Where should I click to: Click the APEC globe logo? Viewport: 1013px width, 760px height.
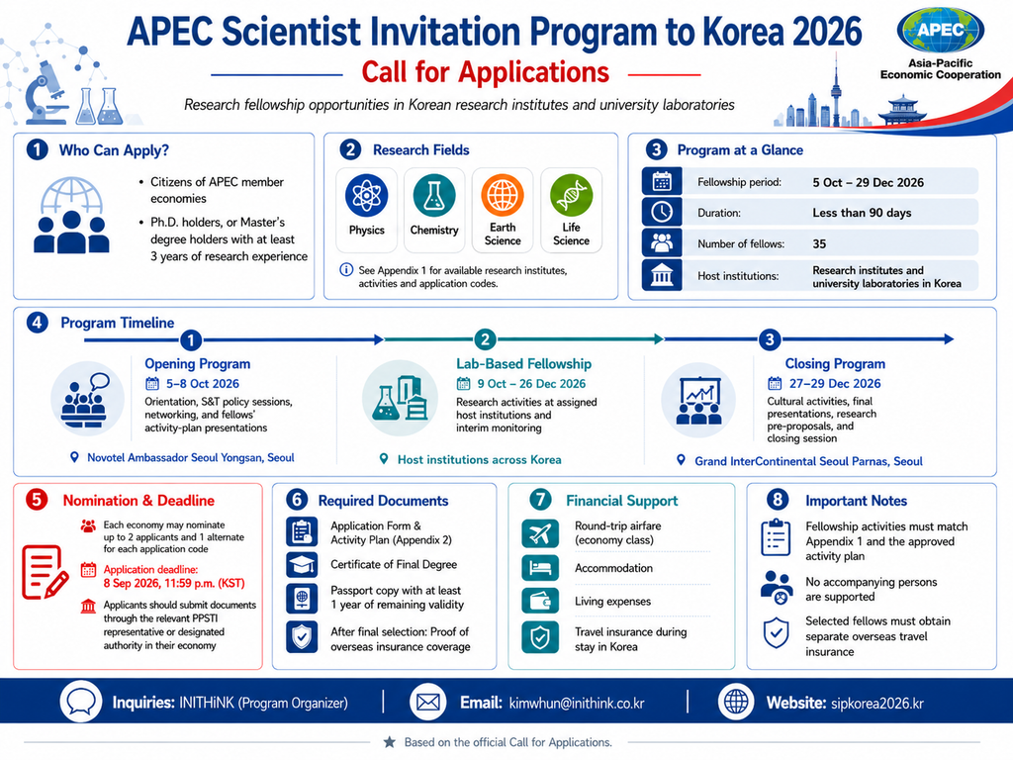[x=941, y=31]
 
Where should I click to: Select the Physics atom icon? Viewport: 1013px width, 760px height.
[x=366, y=196]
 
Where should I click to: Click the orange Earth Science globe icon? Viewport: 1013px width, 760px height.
[x=502, y=195]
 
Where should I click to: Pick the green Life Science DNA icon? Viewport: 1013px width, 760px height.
[x=571, y=195]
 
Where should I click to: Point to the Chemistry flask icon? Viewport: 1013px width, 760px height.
[x=434, y=195]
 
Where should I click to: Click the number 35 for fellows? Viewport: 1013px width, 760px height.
[x=819, y=244]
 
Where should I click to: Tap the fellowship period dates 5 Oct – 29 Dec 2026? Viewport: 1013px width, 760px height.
[x=869, y=183]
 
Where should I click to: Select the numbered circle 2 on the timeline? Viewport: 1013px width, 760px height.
[x=485, y=339]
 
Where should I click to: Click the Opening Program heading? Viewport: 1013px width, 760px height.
[x=197, y=364]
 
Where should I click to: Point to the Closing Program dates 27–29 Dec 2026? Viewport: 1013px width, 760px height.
[x=835, y=384]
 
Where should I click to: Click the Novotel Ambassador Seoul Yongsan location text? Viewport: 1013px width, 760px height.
[x=191, y=457]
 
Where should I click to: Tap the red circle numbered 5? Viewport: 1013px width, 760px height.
[x=37, y=500]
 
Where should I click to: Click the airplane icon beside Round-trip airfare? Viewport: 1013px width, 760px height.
[x=540, y=533]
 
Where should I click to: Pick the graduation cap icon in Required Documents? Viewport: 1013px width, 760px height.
[x=302, y=565]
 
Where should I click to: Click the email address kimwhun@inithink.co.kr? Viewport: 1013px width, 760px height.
[x=577, y=704]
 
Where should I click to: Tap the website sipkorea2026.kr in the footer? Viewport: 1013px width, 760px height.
[x=876, y=704]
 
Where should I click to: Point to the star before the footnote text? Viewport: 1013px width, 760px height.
[x=389, y=742]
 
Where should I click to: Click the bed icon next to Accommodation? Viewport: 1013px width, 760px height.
[x=540, y=568]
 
